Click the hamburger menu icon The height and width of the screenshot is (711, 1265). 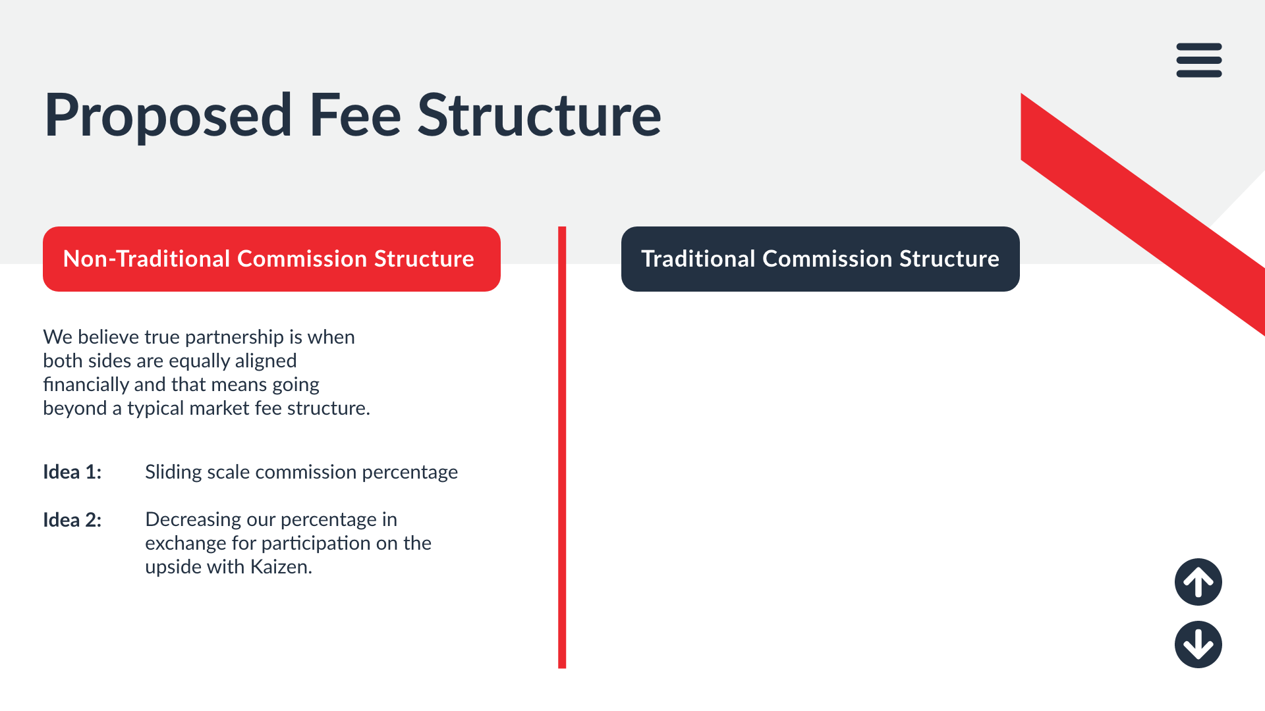point(1199,60)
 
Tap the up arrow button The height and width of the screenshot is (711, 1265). point(1198,582)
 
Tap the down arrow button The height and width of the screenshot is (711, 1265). point(1198,645)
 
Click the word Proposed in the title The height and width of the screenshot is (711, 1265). point(168,116)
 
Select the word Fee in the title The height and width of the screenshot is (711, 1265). point(355,116)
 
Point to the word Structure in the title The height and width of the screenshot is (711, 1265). point(540,116)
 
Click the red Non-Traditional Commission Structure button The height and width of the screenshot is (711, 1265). point(271,259)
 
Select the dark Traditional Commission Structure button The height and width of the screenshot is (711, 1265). point(820,259)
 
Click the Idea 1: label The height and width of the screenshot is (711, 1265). point(72,472)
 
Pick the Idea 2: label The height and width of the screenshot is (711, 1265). point(72,520)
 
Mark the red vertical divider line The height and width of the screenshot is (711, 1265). point(562,448)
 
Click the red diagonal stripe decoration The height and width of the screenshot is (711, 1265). point(1143,215)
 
